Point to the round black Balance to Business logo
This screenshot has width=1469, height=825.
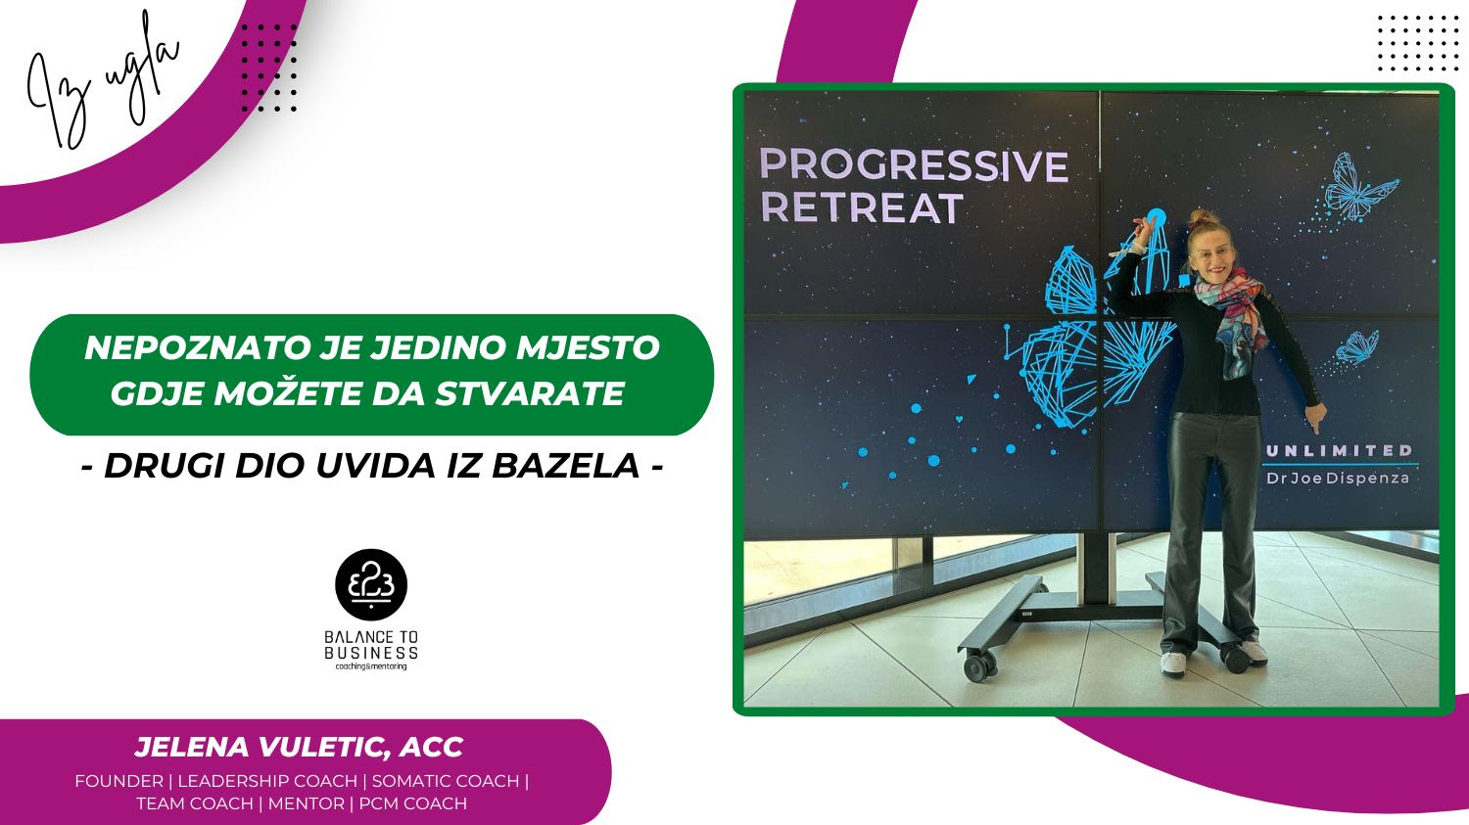point(371,584)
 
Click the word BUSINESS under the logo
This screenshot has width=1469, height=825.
point(371,653)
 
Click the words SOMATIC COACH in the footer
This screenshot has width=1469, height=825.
point(446,781)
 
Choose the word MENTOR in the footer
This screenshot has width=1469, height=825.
point(307,803)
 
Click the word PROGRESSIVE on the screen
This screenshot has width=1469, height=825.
point(914,165)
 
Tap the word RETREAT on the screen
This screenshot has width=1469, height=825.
point(862,207)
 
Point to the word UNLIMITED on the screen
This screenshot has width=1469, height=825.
point(1339,450)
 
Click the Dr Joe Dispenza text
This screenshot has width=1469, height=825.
point(1338,478)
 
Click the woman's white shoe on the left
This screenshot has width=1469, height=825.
point(1172,663)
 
